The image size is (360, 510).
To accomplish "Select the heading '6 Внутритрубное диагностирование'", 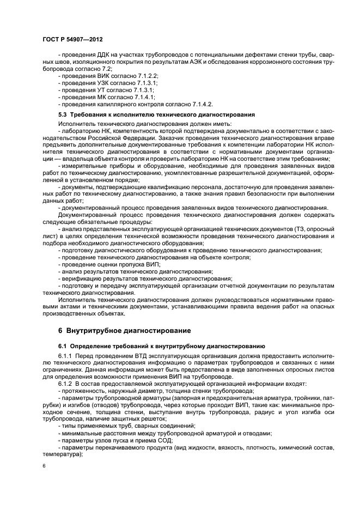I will click(117, 331).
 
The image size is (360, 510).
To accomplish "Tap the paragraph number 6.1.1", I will click(67, 355).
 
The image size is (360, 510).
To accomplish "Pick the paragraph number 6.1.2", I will click(67, 384).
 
